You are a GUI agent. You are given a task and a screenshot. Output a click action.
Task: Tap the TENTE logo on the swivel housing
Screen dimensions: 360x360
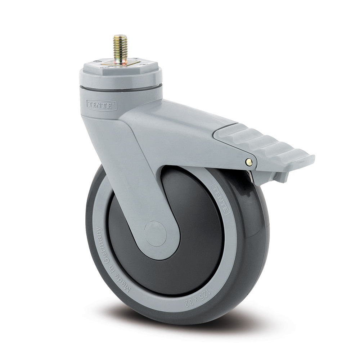101,105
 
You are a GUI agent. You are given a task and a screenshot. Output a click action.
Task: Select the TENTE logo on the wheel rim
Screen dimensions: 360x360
219,198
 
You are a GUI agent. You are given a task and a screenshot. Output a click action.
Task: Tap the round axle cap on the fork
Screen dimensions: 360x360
155,233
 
